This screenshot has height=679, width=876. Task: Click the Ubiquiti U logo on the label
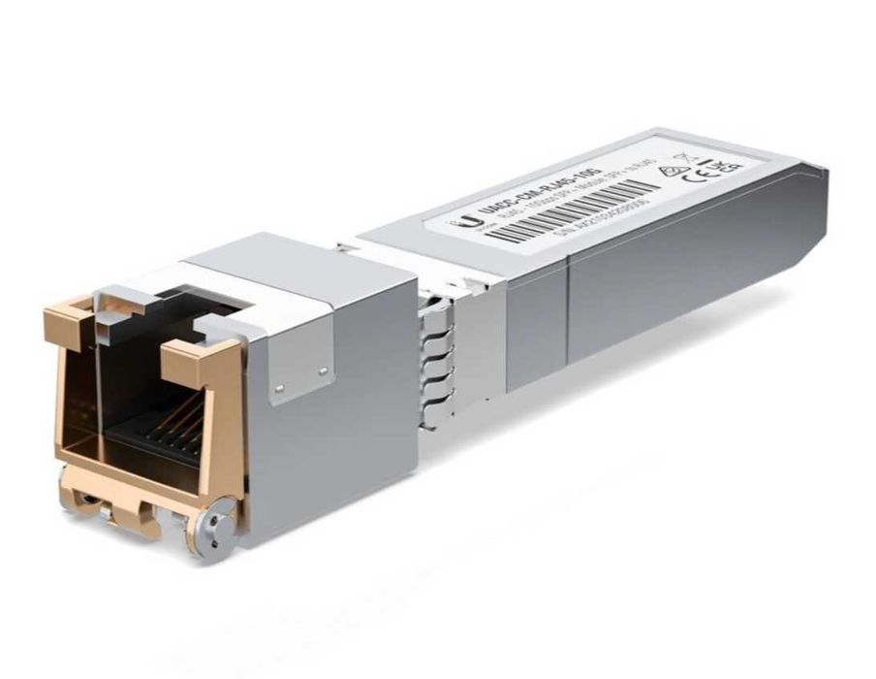(477, 224)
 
